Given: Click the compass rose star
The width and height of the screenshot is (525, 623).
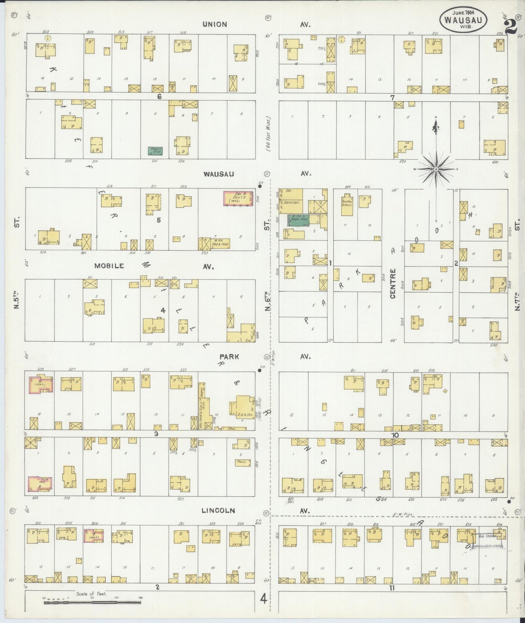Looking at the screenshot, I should click(436, 169).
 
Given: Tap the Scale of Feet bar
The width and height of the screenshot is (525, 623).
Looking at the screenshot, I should click(92, 602).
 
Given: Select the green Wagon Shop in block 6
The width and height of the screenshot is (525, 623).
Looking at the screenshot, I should click(155, 151).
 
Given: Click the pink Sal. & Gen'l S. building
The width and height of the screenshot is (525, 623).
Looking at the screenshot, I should click(238, 199).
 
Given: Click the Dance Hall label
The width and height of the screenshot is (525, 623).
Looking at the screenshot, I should click(292, 202).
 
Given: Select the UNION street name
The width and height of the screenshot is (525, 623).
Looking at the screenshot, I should click(214, 24).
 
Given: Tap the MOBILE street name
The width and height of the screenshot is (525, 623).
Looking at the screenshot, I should click(109, 266).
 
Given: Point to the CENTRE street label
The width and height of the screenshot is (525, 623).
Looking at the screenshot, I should click(393, 289).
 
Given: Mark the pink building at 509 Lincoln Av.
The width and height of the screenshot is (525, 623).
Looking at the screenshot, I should click(94, 535).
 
